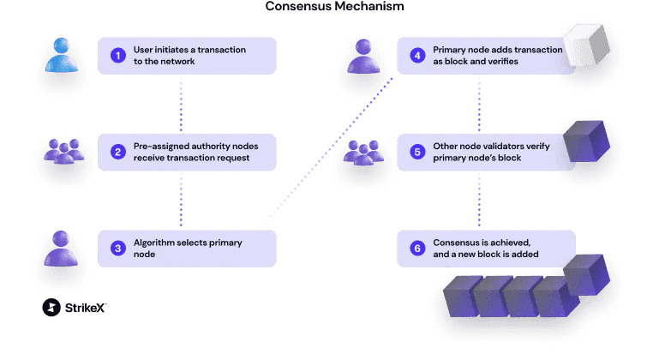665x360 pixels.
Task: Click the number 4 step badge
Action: (x=417, y=56)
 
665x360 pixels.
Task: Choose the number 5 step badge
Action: (x=417, y=152)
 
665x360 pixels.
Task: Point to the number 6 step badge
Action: (x=417, y=249)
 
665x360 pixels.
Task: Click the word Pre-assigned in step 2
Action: (x=162, y=146)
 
